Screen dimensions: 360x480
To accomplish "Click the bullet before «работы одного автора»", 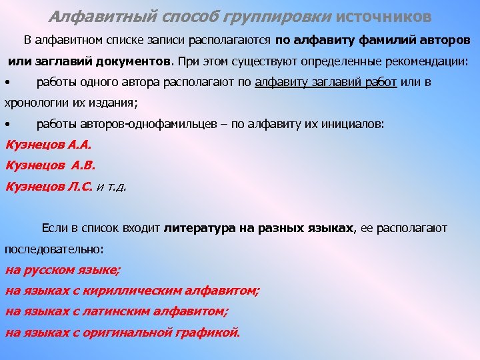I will pos(7,83).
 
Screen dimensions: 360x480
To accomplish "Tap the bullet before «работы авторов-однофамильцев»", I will pos(7,125).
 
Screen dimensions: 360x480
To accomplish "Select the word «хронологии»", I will pos(33,103).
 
